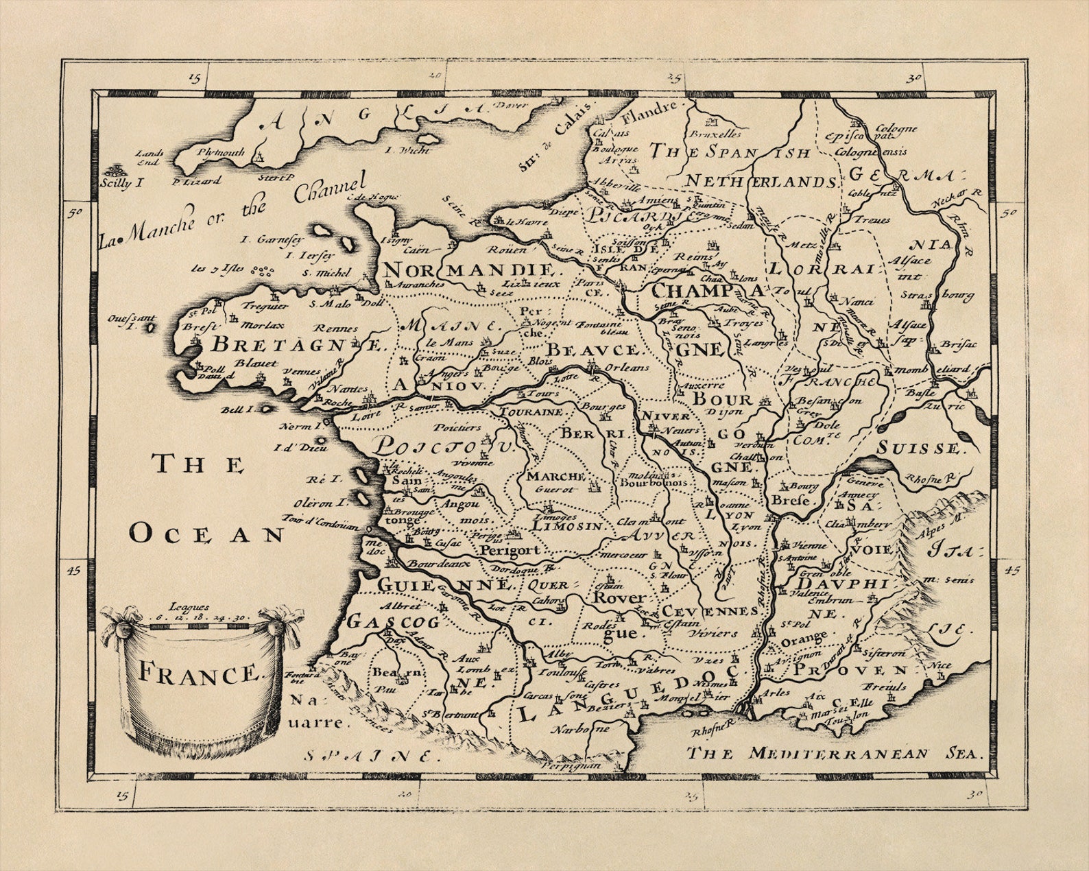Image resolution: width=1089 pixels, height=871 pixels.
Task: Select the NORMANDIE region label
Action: coord(468,268)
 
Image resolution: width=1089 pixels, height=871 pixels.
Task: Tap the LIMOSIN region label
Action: coord(566,526)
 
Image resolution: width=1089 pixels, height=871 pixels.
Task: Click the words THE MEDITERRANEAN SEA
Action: coord(835,753)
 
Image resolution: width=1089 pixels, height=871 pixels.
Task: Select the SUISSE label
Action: coord(920,449)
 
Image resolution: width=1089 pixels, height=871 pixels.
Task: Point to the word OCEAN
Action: coord(207,534)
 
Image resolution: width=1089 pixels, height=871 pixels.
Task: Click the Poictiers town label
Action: coord(458,427)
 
